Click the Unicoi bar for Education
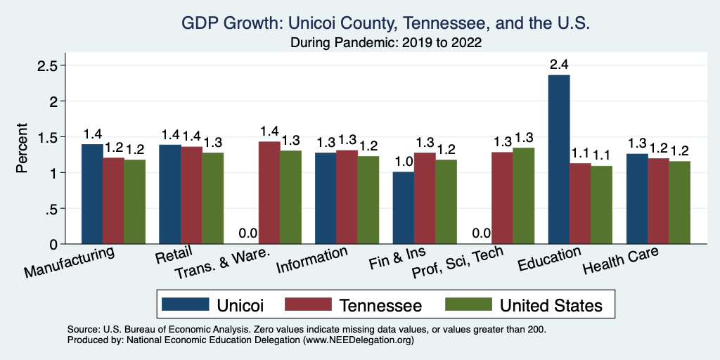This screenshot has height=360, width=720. click(559, 160)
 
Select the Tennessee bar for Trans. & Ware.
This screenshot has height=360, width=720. click(269, 193)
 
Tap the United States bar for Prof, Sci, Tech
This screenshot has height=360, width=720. click(524, 195)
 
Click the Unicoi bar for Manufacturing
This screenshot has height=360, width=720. click(92, 194)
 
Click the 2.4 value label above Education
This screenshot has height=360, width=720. click(559, 65)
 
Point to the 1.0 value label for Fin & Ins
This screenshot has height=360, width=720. click(403, 162)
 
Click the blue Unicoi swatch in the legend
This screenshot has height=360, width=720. click(186, 304)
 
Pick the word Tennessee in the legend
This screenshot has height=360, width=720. click(380, 305)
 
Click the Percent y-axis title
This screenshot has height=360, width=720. click(22, 149)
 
